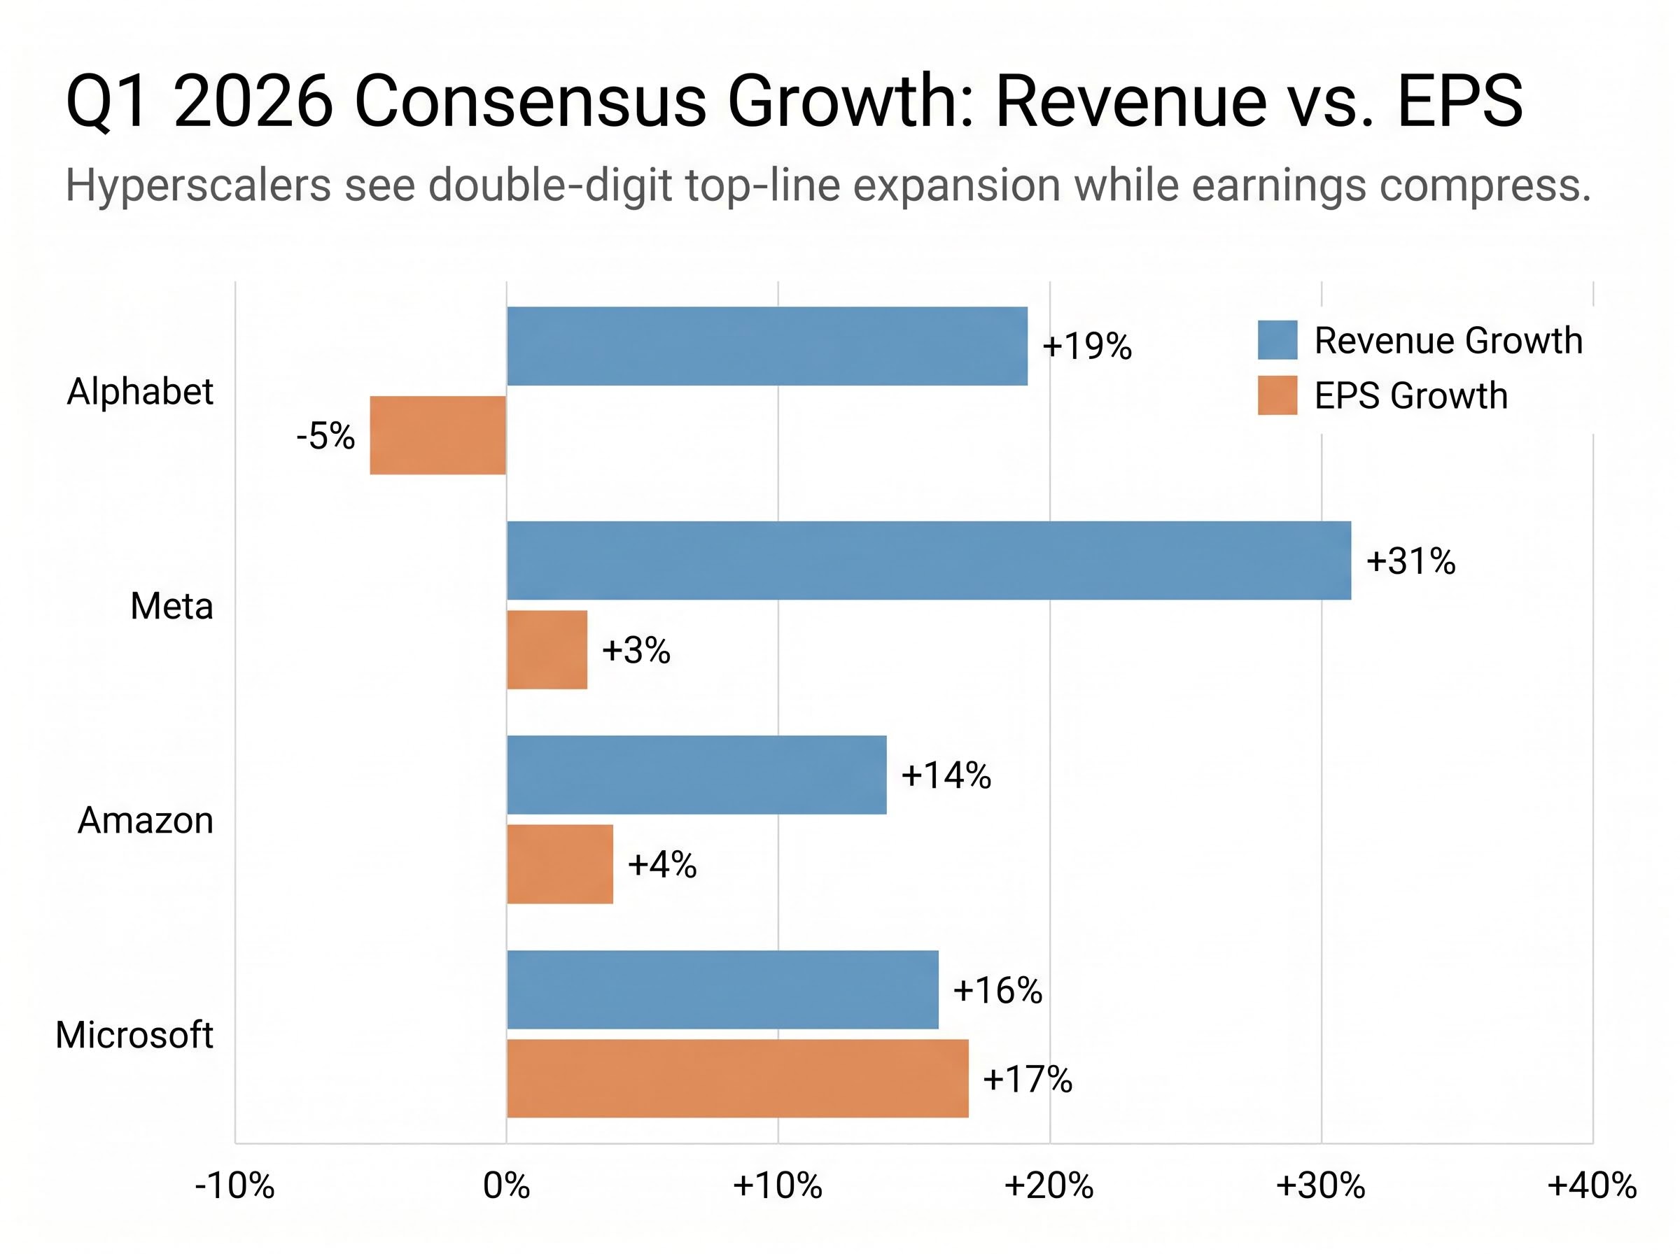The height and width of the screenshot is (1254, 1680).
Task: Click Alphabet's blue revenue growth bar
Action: [x=766, y=346]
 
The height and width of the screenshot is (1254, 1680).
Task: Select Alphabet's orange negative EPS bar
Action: [x=438, y=435]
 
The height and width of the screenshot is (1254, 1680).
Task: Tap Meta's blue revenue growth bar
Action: [x=928, y=561]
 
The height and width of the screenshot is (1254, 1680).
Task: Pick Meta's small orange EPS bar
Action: [x=547, y=650]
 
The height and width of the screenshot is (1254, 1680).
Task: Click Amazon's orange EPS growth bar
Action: [x=559, y=864]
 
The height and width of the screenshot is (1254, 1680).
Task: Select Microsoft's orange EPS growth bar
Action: [x=737, y=1078]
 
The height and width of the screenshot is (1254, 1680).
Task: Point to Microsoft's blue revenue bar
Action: [x=722, y=989]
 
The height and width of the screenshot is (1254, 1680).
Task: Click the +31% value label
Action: [x=1410, y=562]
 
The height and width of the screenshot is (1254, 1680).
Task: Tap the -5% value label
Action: [x=325, y=437]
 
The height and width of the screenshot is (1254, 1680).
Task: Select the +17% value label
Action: [x=1027, y=1078]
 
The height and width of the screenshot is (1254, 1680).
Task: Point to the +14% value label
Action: [x=946, y=776]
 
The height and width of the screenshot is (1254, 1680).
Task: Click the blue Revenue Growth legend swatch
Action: [x=1277, y=340]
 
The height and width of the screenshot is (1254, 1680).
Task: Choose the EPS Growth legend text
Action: [x=1410, y=395]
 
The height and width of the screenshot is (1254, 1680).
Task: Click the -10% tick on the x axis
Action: [x=234, y=1185]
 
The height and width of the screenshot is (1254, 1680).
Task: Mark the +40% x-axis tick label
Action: [x=1592, y=1185]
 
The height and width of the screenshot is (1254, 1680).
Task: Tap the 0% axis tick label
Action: [x=506, y=1185]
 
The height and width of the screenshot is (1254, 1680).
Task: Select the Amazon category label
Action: [x=146, y=821]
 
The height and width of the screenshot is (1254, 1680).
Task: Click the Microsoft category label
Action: [x=134, y=1035]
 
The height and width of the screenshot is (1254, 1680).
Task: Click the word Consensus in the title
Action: [x=530, y=102]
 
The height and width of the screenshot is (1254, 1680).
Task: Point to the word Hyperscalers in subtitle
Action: [x=198, y=185]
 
